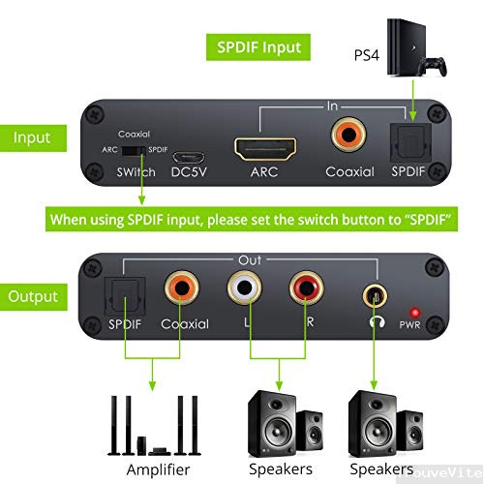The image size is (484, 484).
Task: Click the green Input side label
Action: (32, 137)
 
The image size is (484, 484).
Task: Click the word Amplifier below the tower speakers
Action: (158, 469)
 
